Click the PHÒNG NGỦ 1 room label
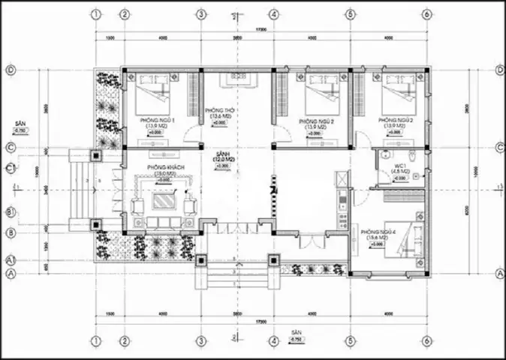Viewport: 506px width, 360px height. pos(158,120)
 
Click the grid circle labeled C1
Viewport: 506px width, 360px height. pos(11,168)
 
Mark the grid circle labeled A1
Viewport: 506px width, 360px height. pos(11,259)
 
